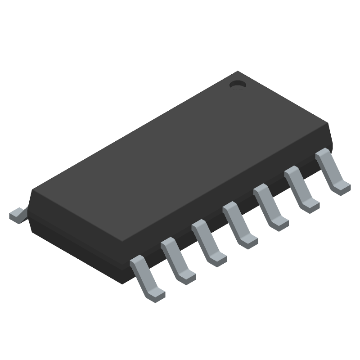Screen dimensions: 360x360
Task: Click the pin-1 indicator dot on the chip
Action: tap(237, 84)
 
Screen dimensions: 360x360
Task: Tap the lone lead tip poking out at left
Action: tap(16, 215)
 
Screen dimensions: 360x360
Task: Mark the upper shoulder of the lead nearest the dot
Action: tap(323, 155)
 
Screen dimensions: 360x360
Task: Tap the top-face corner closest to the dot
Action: tap(237, 72)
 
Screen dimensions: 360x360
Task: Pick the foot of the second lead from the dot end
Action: tap(310, 205)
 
